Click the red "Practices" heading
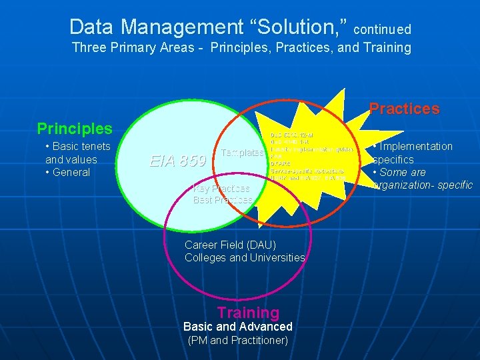click(x=404, y=109)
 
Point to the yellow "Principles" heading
click(x=75, y=128)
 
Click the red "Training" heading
click(x=248, y=312)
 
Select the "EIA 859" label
click(x=177, y=161)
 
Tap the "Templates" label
click(x=242, y=153)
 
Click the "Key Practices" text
click(x=221, y=189)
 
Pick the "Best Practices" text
click(x=223, y=199)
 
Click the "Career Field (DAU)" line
click(x=230, y=245)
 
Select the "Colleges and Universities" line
click(x=245, y=257)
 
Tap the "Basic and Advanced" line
click(x=237, y=327)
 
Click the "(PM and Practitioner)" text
click(x=237, y=341)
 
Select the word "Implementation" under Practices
click(x=416, y=147)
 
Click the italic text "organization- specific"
click(x=423, y=185)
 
